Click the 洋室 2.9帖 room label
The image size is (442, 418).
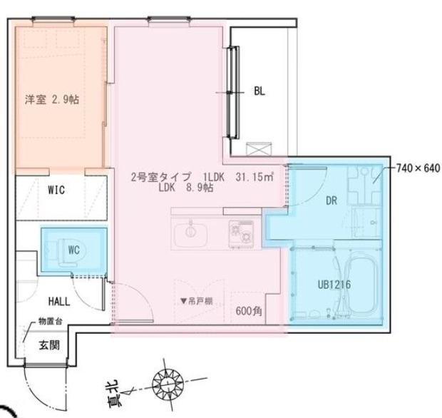tap(52, 100)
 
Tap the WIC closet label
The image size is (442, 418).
tap(58, 190)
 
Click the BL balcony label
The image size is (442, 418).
tap(259, 91)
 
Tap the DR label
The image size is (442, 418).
tap(331, 201)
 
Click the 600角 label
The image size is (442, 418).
tap(250, 311)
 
